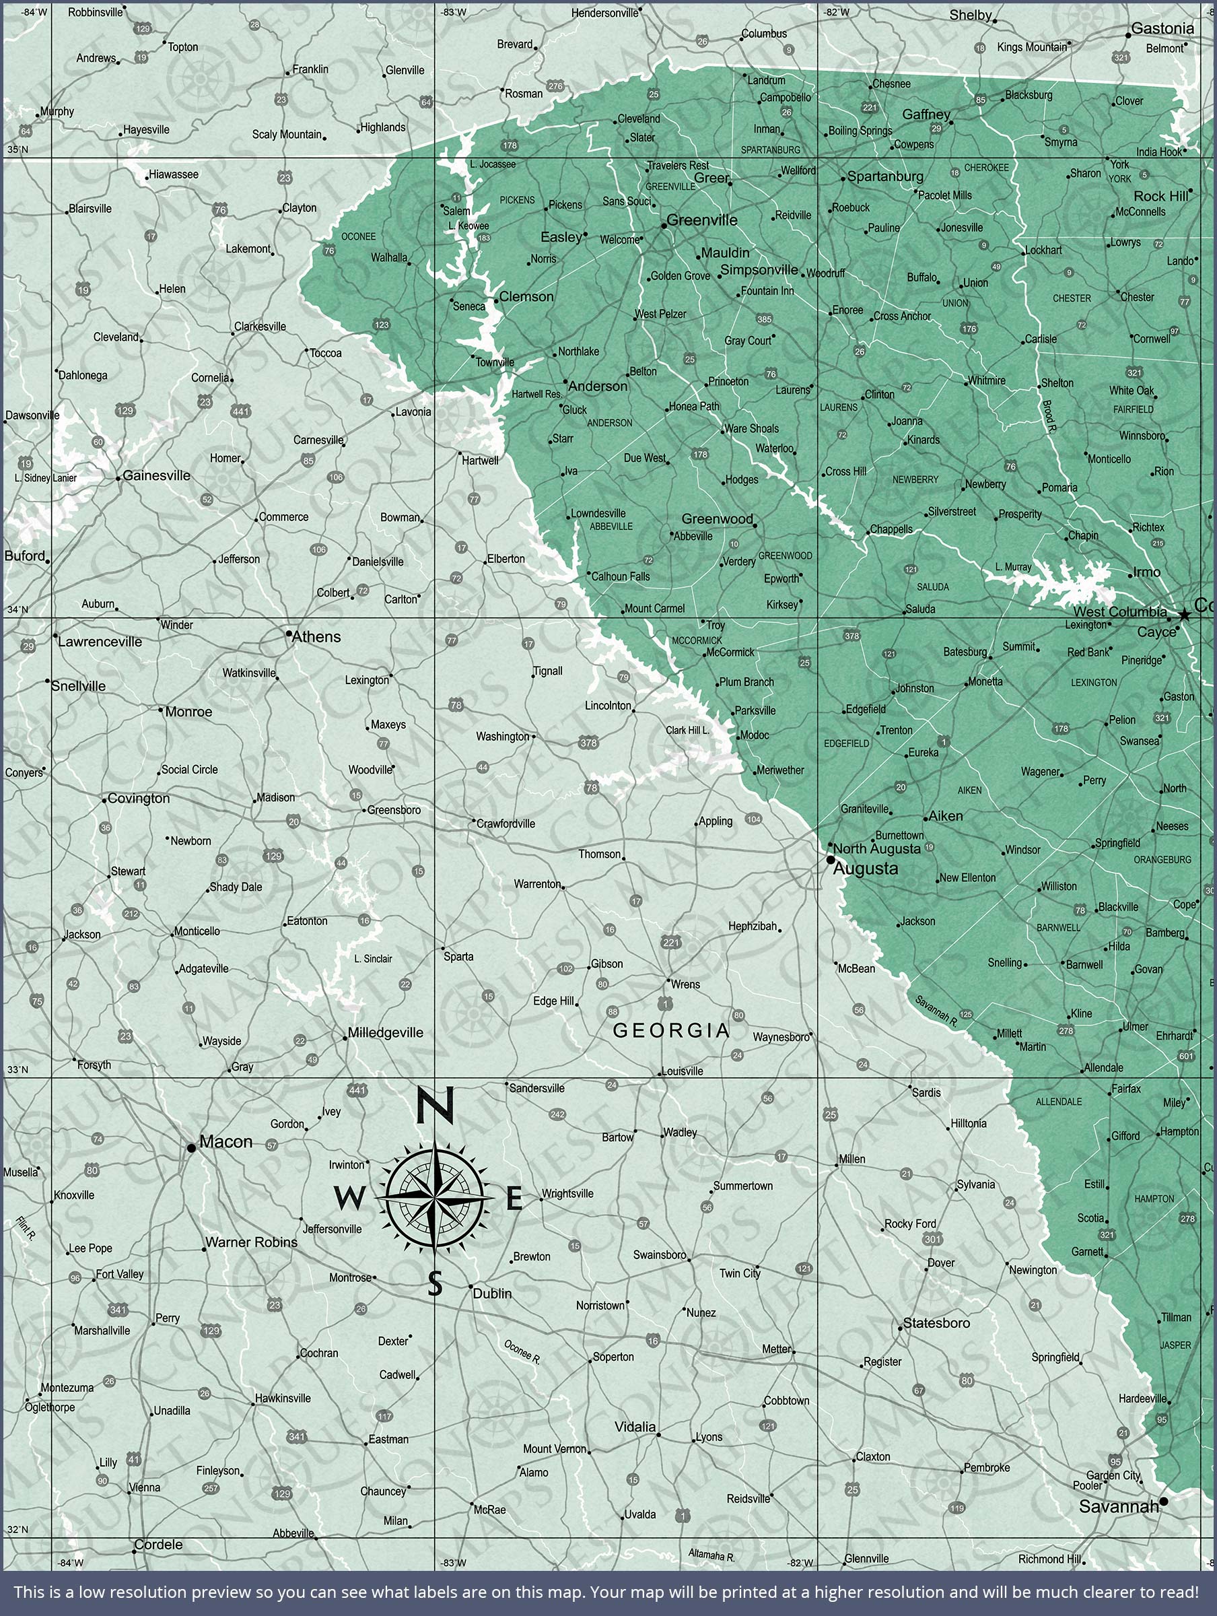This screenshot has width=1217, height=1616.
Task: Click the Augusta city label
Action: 866,869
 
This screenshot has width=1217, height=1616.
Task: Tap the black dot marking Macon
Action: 191,1148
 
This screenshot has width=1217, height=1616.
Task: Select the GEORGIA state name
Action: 671,1030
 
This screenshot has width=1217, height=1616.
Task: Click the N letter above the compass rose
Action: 436,1105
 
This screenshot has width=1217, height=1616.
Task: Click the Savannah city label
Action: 1118,1506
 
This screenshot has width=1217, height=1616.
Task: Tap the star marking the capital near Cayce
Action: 1184,615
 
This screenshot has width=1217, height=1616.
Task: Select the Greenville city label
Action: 702,220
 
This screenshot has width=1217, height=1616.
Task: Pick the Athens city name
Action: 316,637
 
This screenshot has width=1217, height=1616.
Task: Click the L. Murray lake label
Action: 1013,567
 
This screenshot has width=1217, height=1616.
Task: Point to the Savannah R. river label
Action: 936,1009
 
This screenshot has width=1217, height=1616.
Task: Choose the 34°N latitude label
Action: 18,609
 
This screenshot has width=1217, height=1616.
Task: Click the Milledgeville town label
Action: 385,1032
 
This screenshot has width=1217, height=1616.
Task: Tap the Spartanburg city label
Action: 885,177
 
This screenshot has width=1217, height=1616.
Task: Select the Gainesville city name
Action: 156,475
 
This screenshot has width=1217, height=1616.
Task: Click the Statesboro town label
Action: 936,1323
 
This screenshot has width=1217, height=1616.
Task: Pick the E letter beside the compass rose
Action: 514,1199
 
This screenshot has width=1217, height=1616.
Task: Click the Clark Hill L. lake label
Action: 687,730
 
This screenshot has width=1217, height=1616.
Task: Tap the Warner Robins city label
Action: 251,1242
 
